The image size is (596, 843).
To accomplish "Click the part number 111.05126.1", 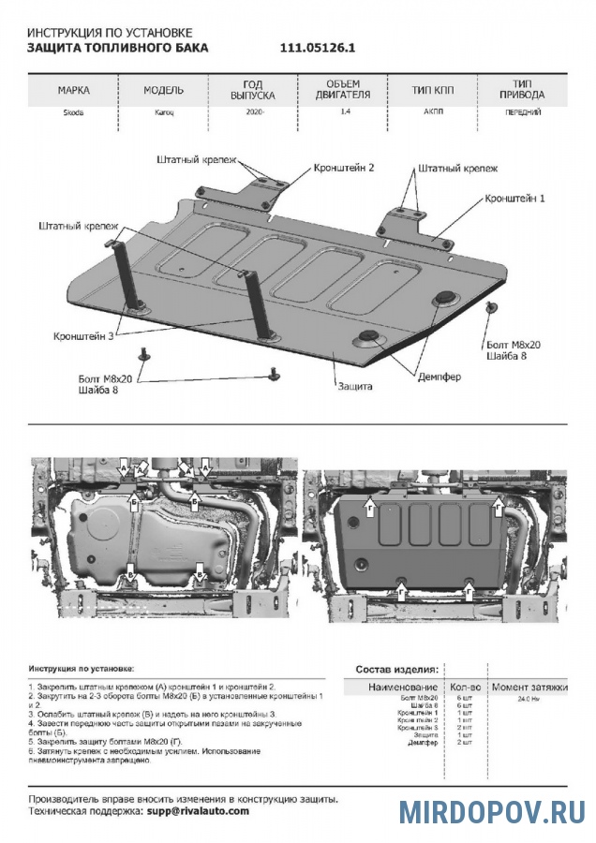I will (x=318, y=47).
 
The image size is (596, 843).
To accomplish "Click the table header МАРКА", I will (x=73, y=90).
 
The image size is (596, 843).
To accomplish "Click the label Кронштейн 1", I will (x=514, y=200).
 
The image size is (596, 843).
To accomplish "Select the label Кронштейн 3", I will (x=83, y=334).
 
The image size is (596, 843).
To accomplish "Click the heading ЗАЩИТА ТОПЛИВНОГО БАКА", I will (x=118, y=47).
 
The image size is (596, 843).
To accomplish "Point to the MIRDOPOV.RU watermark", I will (x=492, y=810).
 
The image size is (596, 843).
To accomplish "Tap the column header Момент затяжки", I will (x=530, y=687).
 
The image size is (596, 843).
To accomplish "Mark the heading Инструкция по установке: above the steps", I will (x=82, y=670).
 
